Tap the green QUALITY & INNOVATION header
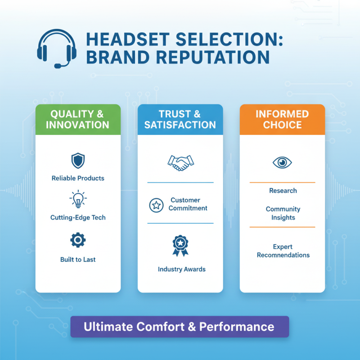(x=78, y=120)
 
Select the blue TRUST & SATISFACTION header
(x=180, y=120)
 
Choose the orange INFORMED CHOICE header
(x=282, y=120)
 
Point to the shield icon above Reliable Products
(x=78, y=161)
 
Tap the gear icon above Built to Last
(x=78, y=240)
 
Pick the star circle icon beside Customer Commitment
(x=156, y=206)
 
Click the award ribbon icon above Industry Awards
(x=180, y=246)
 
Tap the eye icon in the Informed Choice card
(x=282, y=162)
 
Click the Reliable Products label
(x=78, y=178)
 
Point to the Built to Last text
(x=78, y=260)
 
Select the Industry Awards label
(x=181, y=270)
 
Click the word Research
(x=283, y=191)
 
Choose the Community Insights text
(x=283, y=213)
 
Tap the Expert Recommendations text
(x=283, y=251)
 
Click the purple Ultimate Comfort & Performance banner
(x=179, y=327)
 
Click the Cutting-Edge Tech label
(x=78, y=218)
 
